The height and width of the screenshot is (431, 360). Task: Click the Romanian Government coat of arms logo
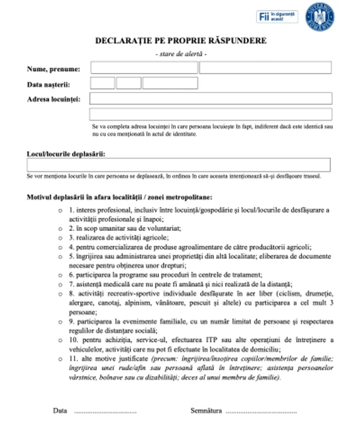[x=321, y=17]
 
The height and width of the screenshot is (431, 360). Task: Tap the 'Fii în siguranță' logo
[x=277, y=17]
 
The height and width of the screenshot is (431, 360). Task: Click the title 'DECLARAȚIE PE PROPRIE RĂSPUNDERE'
[x=181, y=41]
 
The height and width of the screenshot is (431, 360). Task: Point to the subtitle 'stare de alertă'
[x=181, y=53]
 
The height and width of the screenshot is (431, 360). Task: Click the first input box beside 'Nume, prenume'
[x=144, y=68]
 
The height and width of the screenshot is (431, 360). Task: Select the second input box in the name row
[x=265, y=68]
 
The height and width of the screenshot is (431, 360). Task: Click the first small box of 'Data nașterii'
[x=102, y=83]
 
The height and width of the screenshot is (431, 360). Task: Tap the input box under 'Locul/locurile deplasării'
[x=179, y=165]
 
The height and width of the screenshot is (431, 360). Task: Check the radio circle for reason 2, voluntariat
[x=61, y=228]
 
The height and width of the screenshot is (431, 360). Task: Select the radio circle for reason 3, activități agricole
[x=61, y=237]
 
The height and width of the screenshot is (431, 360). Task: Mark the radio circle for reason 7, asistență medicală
[x=61, y=284]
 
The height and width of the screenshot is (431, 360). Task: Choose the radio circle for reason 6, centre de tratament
[x=61, y=275]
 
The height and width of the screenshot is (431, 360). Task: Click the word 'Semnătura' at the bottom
[x=206, y=411]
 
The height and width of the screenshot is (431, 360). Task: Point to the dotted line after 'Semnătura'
[x=261, y=412]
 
